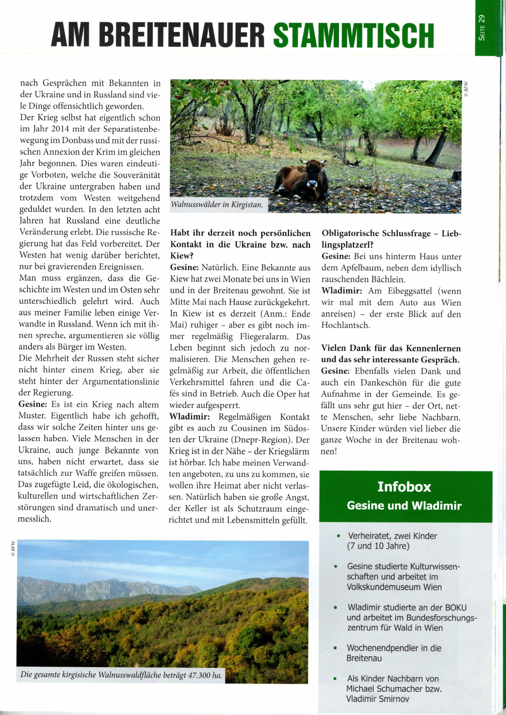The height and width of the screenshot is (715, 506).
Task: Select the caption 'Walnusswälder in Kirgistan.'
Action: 217,205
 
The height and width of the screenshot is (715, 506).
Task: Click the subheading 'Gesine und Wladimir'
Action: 404,506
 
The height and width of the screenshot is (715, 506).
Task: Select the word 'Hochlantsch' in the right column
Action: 341,325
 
